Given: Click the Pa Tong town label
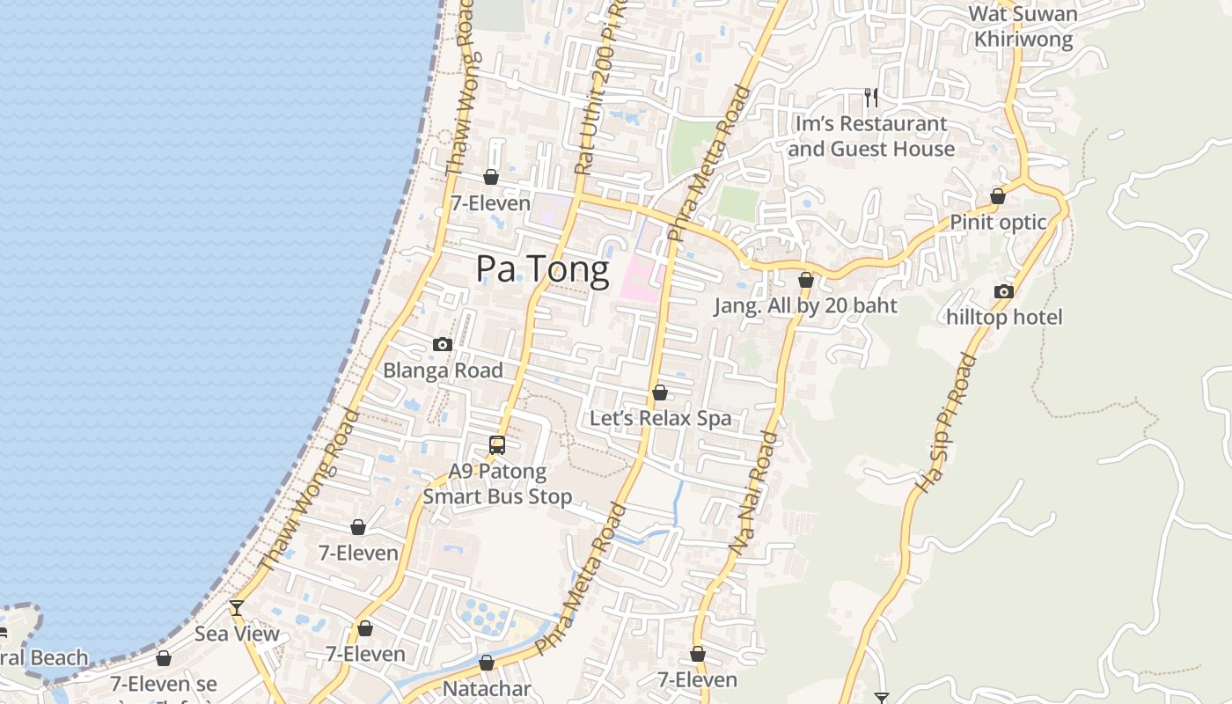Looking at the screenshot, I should [x=542, y=269].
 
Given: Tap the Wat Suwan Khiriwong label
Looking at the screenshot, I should [x=1023, y=26].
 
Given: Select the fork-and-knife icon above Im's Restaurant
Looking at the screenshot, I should [x=871, y=97].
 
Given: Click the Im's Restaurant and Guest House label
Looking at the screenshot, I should [x=871, y=136].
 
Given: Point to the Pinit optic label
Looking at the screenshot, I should [x=998, y=222].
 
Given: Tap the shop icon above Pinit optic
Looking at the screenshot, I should [x=998, y=196].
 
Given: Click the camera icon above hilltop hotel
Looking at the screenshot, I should [x=1004, y=291].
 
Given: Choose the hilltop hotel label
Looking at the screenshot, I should [x=1004, y=317].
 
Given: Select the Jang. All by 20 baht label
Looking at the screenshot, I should [x=805, y=305].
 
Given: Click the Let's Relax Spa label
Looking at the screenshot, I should [x=660, y=418].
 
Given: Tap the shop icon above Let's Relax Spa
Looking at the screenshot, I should [x=660, y=392].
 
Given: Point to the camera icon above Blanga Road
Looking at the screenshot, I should [x=443, y=345].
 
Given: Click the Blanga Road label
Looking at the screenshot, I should [x=443, y=370].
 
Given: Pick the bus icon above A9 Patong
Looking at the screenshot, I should [x=497, y=445].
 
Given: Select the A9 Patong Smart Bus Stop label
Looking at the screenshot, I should [x=497, y=484].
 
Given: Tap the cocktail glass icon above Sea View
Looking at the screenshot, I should [x=236, y=607].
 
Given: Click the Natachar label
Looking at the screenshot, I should [x=487, y=688].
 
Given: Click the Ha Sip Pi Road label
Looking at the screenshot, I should [x=946, y=422].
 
